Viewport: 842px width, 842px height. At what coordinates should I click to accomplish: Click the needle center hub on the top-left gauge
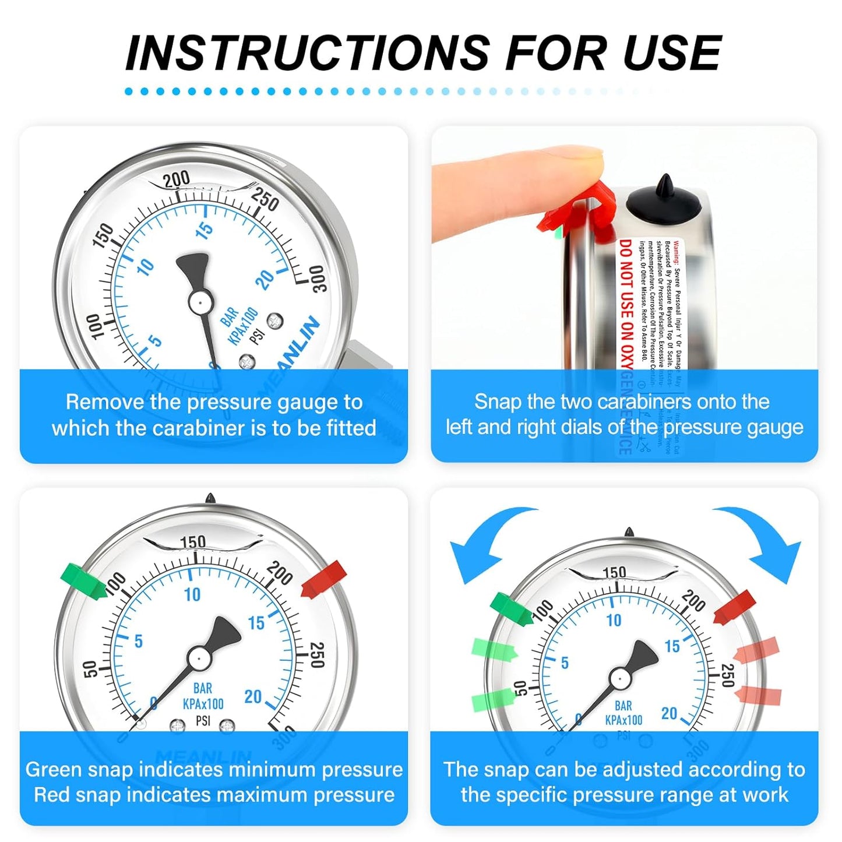200,302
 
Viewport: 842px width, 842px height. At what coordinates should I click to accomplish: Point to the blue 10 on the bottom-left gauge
192,594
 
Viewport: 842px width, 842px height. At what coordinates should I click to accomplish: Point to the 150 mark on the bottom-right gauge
614,572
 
